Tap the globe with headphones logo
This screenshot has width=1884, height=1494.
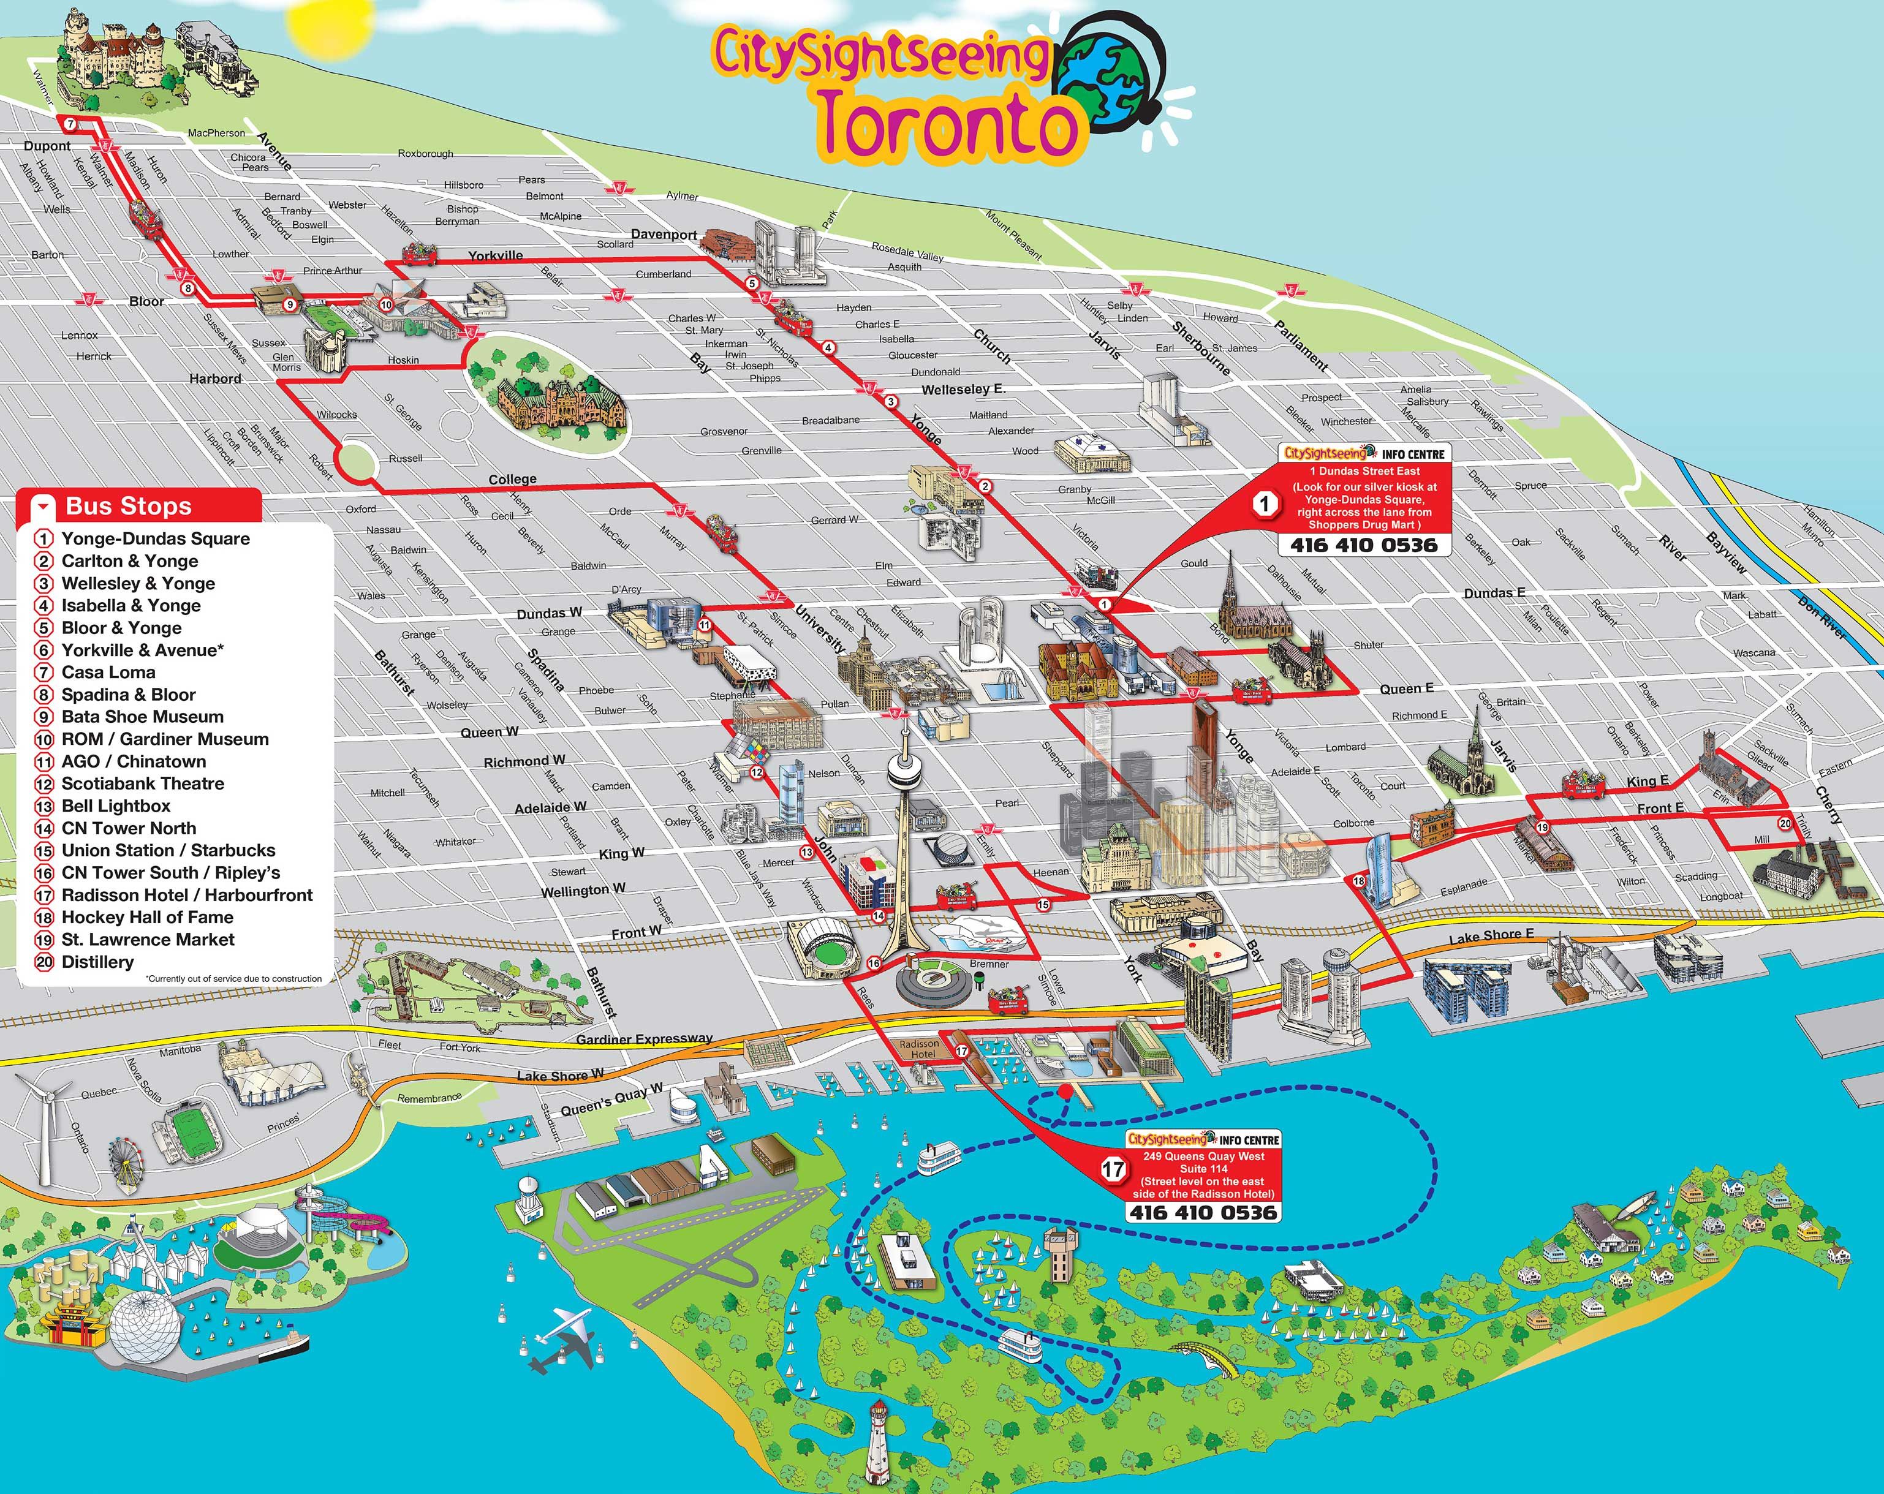(x=1110, y=78)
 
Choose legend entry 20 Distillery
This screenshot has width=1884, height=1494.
(x=97, y=962)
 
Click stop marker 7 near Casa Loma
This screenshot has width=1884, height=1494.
(x=70, y=125)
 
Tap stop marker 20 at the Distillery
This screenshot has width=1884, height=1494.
(x=1784, y=823)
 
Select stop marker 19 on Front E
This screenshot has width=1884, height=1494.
(x=1542, y=828)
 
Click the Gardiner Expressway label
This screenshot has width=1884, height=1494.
(x=644, y=1039)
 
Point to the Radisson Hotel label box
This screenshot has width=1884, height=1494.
(x=919, y=1049)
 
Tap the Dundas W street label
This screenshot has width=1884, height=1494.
(x=549, y=613)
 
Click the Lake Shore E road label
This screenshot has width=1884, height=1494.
(x=1491, y=936)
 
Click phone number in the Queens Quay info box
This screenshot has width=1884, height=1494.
(x=1203, y=1212)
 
